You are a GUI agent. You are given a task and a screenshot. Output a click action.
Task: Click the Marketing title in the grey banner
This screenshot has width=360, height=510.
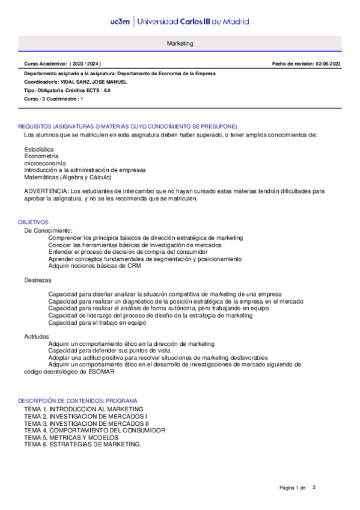pyautogui.click(x=180, y=44)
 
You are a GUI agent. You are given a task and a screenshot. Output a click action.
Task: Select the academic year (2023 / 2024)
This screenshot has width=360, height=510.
pyautogui.click(x=85, y=64)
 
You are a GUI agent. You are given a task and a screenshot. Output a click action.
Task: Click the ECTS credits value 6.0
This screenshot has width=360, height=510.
pyautogui.click(x=107, y=90)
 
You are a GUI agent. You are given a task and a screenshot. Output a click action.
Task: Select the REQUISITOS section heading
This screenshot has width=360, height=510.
pyautogui.click(x=127, y=126)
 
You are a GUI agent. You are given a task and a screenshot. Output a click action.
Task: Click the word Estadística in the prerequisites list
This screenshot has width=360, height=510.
pyautogui.click(x=38, y=149)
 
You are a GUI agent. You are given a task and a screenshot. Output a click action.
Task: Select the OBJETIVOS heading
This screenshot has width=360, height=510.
pyautogui.click(x=33, y=222)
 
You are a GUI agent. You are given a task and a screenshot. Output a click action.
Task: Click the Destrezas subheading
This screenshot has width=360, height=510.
pyautogui.click(x=37, y=280)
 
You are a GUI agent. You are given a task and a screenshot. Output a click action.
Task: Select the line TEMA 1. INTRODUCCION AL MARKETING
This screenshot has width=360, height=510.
pyautogui.click(x=84, y=409)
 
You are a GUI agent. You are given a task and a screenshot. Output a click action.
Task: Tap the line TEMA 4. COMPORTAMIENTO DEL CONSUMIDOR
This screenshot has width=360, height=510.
pyautogui.click(x=94, y=431)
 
